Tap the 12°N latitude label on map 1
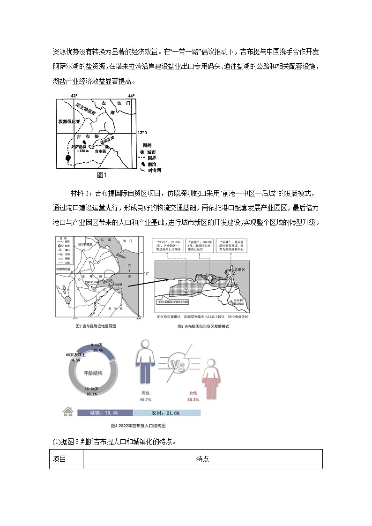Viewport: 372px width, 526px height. pos(142,133)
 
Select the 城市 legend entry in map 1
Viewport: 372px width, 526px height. pos(151,152)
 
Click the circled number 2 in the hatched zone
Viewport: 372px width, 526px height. pos(186,290)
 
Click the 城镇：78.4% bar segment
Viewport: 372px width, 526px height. pos(104,413)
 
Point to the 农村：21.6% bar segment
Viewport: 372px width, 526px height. pos(166,413)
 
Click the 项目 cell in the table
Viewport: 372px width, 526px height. pos(60,459)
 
